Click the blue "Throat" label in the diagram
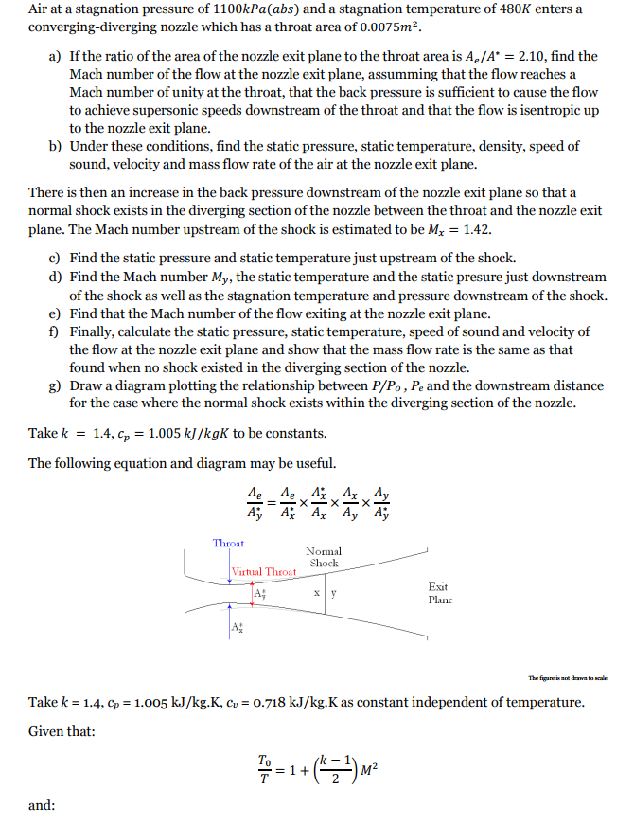click(x=228, y=543)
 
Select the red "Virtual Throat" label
click(x=264, y=571)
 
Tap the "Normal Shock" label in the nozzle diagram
click(x=324, y=557)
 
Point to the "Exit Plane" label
click(x=440, y=593)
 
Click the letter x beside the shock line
click(x=316, y=595)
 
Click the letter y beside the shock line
click(x=333, y=595)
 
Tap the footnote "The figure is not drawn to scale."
click(x=568, y=677)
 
